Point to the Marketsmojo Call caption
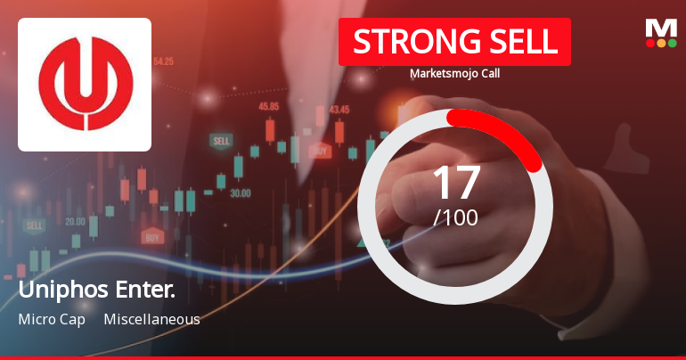[454, 73]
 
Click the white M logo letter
[661, 27]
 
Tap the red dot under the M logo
[650, 43]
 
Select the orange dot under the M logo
[661, 43]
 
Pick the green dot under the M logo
[672, 43]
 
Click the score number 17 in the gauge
[456, 182]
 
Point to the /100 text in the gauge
[455, 217]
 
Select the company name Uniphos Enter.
[96, 290]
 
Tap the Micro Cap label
[51, 319]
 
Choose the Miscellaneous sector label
[151, 319]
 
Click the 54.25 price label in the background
[163, 61]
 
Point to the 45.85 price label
[268, 106]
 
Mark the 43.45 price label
[339, 110]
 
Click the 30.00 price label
[240, 192]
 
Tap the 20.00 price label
[75, 221]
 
